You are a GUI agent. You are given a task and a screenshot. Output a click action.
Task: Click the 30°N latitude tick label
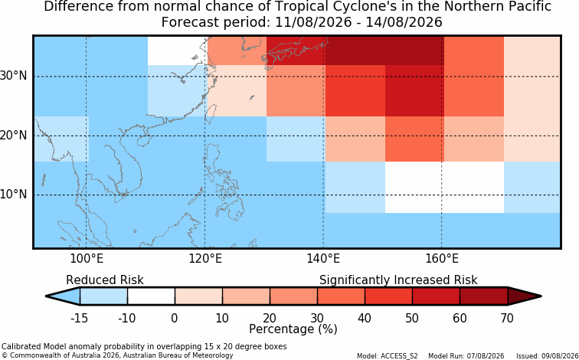point(14,76)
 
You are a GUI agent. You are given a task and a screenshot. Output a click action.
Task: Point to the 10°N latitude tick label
point(14,195)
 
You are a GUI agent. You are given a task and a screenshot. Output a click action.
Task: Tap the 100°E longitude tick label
point(86,259)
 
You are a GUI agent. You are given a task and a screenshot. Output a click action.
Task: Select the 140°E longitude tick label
point(323,259)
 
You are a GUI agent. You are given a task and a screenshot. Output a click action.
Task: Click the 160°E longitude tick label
point(442,259)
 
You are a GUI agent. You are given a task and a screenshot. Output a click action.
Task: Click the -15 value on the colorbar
point(79,318)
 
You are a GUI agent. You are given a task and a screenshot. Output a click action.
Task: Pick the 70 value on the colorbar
point(507,318)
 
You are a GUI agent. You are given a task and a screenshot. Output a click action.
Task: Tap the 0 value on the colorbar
point(175,318)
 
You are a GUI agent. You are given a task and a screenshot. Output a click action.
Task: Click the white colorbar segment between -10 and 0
point(151,296)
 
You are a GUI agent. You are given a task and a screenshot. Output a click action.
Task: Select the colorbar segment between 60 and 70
point(484,296)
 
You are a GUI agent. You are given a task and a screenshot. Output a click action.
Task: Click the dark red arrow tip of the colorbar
point(525,296)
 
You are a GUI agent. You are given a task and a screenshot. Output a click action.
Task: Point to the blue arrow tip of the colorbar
point(63,296)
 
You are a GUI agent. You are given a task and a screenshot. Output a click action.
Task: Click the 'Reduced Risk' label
point(105,280)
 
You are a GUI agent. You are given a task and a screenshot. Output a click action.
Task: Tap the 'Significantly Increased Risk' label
point(398,280)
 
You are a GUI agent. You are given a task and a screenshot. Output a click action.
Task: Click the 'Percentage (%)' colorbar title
point(293,329)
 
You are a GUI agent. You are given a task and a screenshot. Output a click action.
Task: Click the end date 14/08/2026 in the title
point(404,22)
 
